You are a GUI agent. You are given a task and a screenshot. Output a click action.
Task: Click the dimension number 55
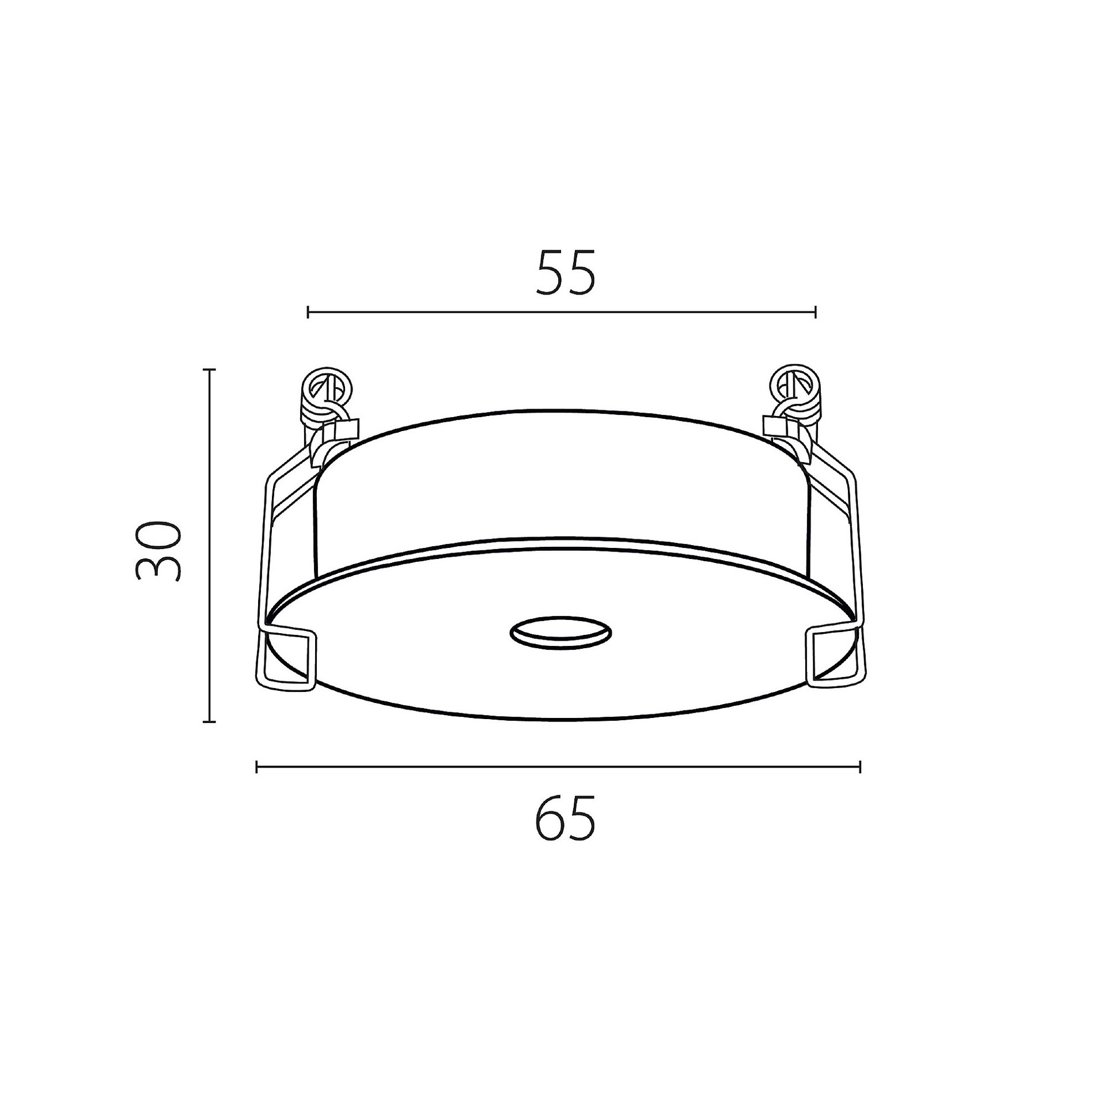pos(565,273)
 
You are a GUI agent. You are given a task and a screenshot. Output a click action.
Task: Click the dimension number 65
pos(565,819)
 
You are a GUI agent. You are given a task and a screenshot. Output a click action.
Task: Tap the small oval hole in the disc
pos(560,633)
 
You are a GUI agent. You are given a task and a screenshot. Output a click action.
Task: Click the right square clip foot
pos(835,656)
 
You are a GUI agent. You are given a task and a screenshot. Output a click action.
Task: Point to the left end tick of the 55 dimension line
pos(309,312)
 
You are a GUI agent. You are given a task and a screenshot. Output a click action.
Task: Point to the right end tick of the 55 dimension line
pos(815,312)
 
